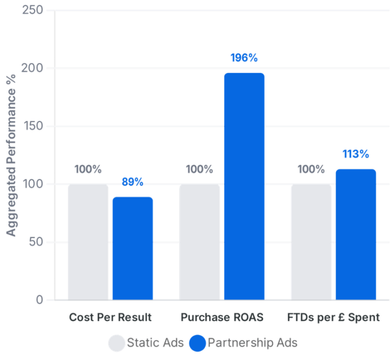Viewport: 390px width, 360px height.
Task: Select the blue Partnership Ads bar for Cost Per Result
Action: click(x=133, y=247)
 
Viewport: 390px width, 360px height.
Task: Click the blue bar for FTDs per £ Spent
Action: click(x=355, y=234)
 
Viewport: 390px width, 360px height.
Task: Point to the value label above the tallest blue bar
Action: click(x=244, y=57)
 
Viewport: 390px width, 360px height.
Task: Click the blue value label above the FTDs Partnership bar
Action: click(x=355, y=153)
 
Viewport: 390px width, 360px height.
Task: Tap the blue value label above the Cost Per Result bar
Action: click(x=133, y=181)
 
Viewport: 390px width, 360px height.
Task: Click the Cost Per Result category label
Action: click(x=110, y=317)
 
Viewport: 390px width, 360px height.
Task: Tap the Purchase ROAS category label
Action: click(x=222, y=317)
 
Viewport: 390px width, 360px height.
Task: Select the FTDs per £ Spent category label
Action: click(x=333, y=317)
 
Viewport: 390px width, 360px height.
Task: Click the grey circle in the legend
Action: click(x=116, y=343)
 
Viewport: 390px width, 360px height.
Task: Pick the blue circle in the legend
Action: click(x=197, y=343)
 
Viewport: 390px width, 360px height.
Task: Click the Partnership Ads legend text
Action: click(x=252, y=343)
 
